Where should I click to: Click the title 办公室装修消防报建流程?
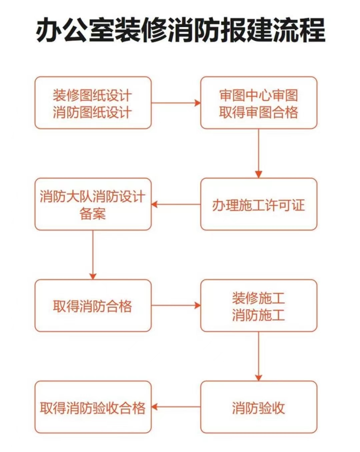pyautogui.click(x=180, y=30)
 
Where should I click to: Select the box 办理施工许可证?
pyautogui.click(x=259, y=204)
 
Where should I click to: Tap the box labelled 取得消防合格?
pyautogui.click(x=93, y=305)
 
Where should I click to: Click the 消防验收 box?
pyautogui.click(x=259, y=407)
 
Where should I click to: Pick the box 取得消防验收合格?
pyautogui.click(x=93, y=407)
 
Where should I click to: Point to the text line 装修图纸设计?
pyautogui.click(x=92, y=95)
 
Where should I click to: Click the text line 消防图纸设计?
pyautogui.click(x=92, y=112)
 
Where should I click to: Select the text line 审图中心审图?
pyautogui.click(x=259, y=95)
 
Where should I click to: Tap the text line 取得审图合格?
pyautogui.click(x=259, y=112)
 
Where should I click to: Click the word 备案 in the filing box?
pyautogui.click(x=93, y=214)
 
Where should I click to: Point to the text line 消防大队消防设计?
pyautogui.click(x=93, y=197)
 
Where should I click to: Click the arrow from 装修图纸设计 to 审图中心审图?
pyautogui.click(x=176, y=103)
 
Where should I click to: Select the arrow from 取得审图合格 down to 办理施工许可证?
pyautogui.click(x=259, y=154)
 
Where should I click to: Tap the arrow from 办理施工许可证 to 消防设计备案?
pyautogui.click(x=176, y=204)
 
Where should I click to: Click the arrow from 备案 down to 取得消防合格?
pyautogui.click(x=93, y=255)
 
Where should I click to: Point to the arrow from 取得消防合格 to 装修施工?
pyautogui.click(x=176, y=305)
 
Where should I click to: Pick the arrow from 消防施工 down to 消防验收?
pyautogui.click(x=259, y=356)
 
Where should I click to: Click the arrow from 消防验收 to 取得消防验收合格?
pyautogui.click(x=176, y=407)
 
